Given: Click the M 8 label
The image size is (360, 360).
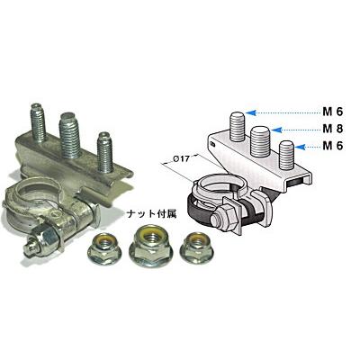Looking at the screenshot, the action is pos(333,129).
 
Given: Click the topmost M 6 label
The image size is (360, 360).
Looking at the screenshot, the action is pos(333,112).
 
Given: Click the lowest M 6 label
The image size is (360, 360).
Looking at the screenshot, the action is pos(333,146).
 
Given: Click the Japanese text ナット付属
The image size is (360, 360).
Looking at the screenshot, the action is pos(151,214).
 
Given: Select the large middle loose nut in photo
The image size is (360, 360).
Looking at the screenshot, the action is pos(150,247).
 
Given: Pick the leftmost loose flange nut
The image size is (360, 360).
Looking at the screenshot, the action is pos(104,247).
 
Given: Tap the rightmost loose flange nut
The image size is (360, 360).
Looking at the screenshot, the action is pos(196,247).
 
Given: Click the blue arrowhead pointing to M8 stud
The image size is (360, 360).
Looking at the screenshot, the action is pos(275,130).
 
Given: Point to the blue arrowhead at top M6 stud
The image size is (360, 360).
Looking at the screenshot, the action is pos(250,112).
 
